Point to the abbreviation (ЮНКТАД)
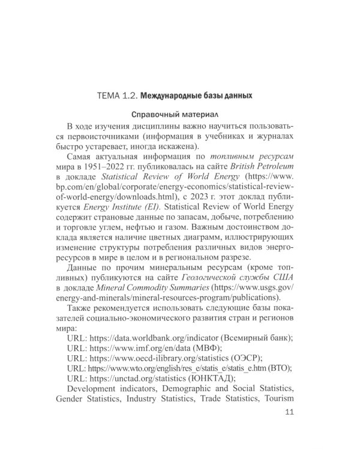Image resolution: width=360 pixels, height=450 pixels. tap(212, 384)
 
